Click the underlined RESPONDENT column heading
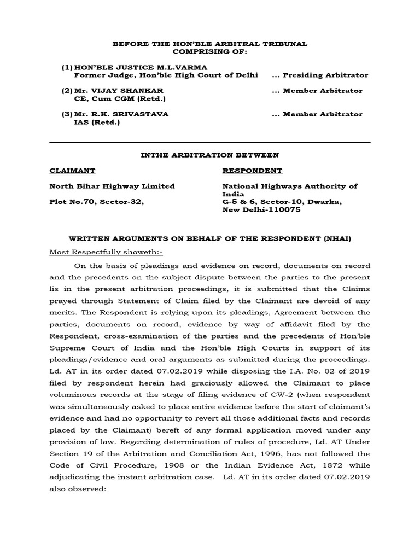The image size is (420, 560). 252,171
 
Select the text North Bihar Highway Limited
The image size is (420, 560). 112,186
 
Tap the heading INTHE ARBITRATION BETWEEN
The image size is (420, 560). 210,155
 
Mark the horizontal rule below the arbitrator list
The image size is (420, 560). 210,143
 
